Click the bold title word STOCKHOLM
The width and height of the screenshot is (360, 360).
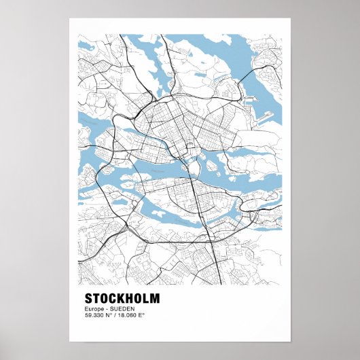click(x=122, y=298)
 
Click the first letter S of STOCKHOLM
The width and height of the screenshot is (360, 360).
click(x=89, y=298)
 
